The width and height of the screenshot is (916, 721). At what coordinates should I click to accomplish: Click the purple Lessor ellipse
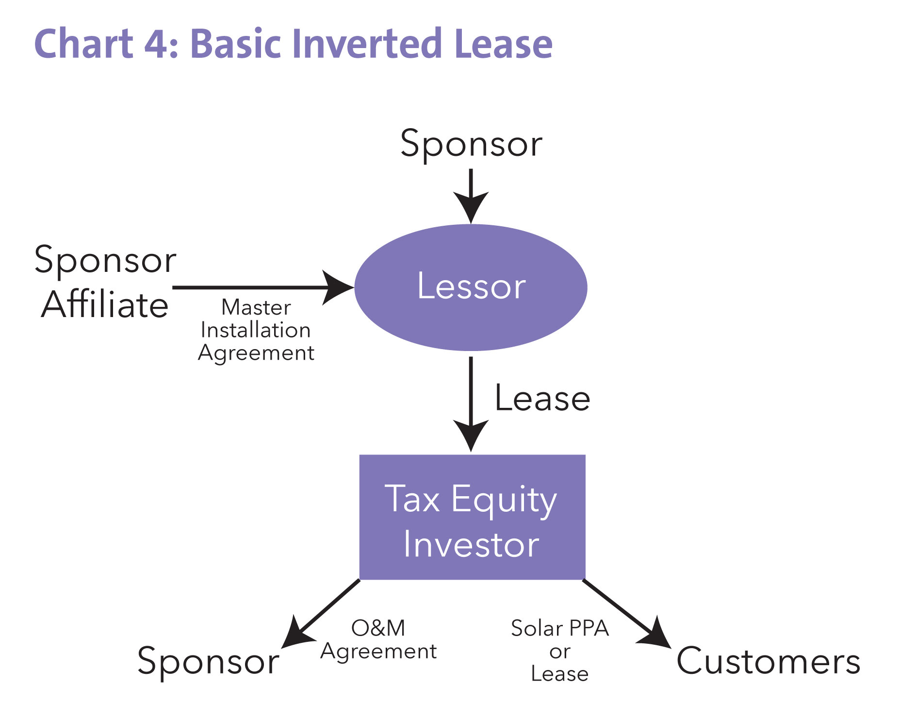471,287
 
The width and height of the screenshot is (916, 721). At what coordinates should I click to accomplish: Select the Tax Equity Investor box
472,517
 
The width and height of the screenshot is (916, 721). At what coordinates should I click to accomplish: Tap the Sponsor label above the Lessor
471,144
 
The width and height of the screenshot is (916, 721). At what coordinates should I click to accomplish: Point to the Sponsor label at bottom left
208,661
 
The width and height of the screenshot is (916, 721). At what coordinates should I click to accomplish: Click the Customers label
768,661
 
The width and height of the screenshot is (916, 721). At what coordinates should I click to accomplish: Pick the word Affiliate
105,305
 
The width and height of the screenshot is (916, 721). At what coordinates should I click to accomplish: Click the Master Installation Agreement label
256,330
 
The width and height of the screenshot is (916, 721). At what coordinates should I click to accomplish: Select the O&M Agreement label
378,639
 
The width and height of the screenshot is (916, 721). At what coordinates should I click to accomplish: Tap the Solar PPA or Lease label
559,651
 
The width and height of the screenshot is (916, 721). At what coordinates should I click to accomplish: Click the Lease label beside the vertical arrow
542,399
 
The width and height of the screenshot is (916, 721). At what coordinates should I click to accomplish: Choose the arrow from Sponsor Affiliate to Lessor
262,287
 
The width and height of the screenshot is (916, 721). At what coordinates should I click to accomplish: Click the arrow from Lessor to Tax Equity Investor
471,403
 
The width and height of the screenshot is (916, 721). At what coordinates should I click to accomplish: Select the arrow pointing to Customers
626,613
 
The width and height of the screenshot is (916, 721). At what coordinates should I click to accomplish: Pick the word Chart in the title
83,44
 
